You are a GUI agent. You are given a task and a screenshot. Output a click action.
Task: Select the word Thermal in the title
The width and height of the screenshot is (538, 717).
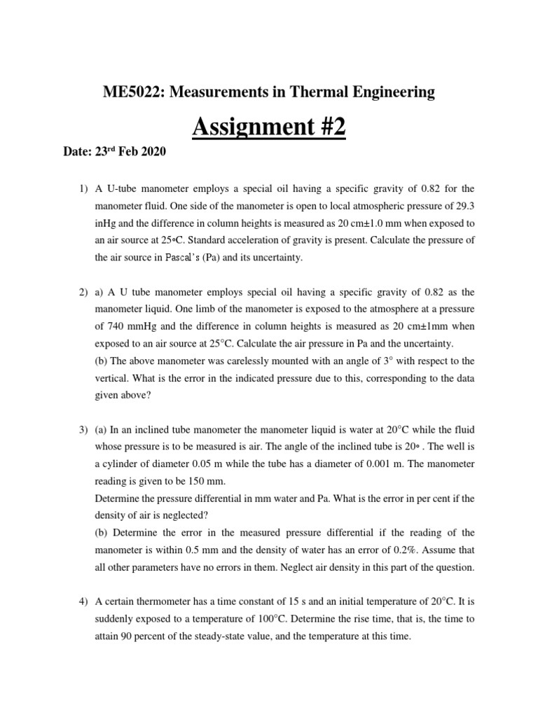[x=317, y=92]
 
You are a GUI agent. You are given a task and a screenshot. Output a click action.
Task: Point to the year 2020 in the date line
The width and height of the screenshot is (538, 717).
[x=153, y=151]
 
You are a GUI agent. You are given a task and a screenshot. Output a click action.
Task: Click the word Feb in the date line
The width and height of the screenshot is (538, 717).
[x=127, y=151]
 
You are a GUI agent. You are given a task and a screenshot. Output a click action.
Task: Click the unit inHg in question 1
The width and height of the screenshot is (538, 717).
[x=107, y=224]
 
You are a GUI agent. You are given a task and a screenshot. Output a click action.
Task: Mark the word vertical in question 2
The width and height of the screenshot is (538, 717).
[x=113, y=378]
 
